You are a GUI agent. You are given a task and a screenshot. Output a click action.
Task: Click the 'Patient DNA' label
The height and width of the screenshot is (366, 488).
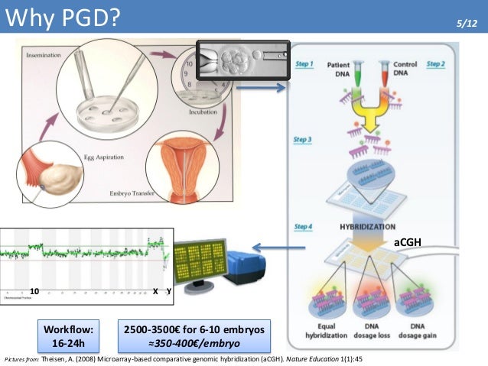click(x=338, y=70)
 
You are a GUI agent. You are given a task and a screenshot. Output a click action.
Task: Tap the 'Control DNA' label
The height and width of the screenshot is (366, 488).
click(x=404, y=70)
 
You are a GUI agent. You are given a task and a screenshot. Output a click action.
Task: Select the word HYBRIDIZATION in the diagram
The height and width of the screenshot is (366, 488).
click(x=367, y=227)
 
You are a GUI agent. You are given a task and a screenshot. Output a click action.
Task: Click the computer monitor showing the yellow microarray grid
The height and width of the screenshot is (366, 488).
click(x=200, y=260)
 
